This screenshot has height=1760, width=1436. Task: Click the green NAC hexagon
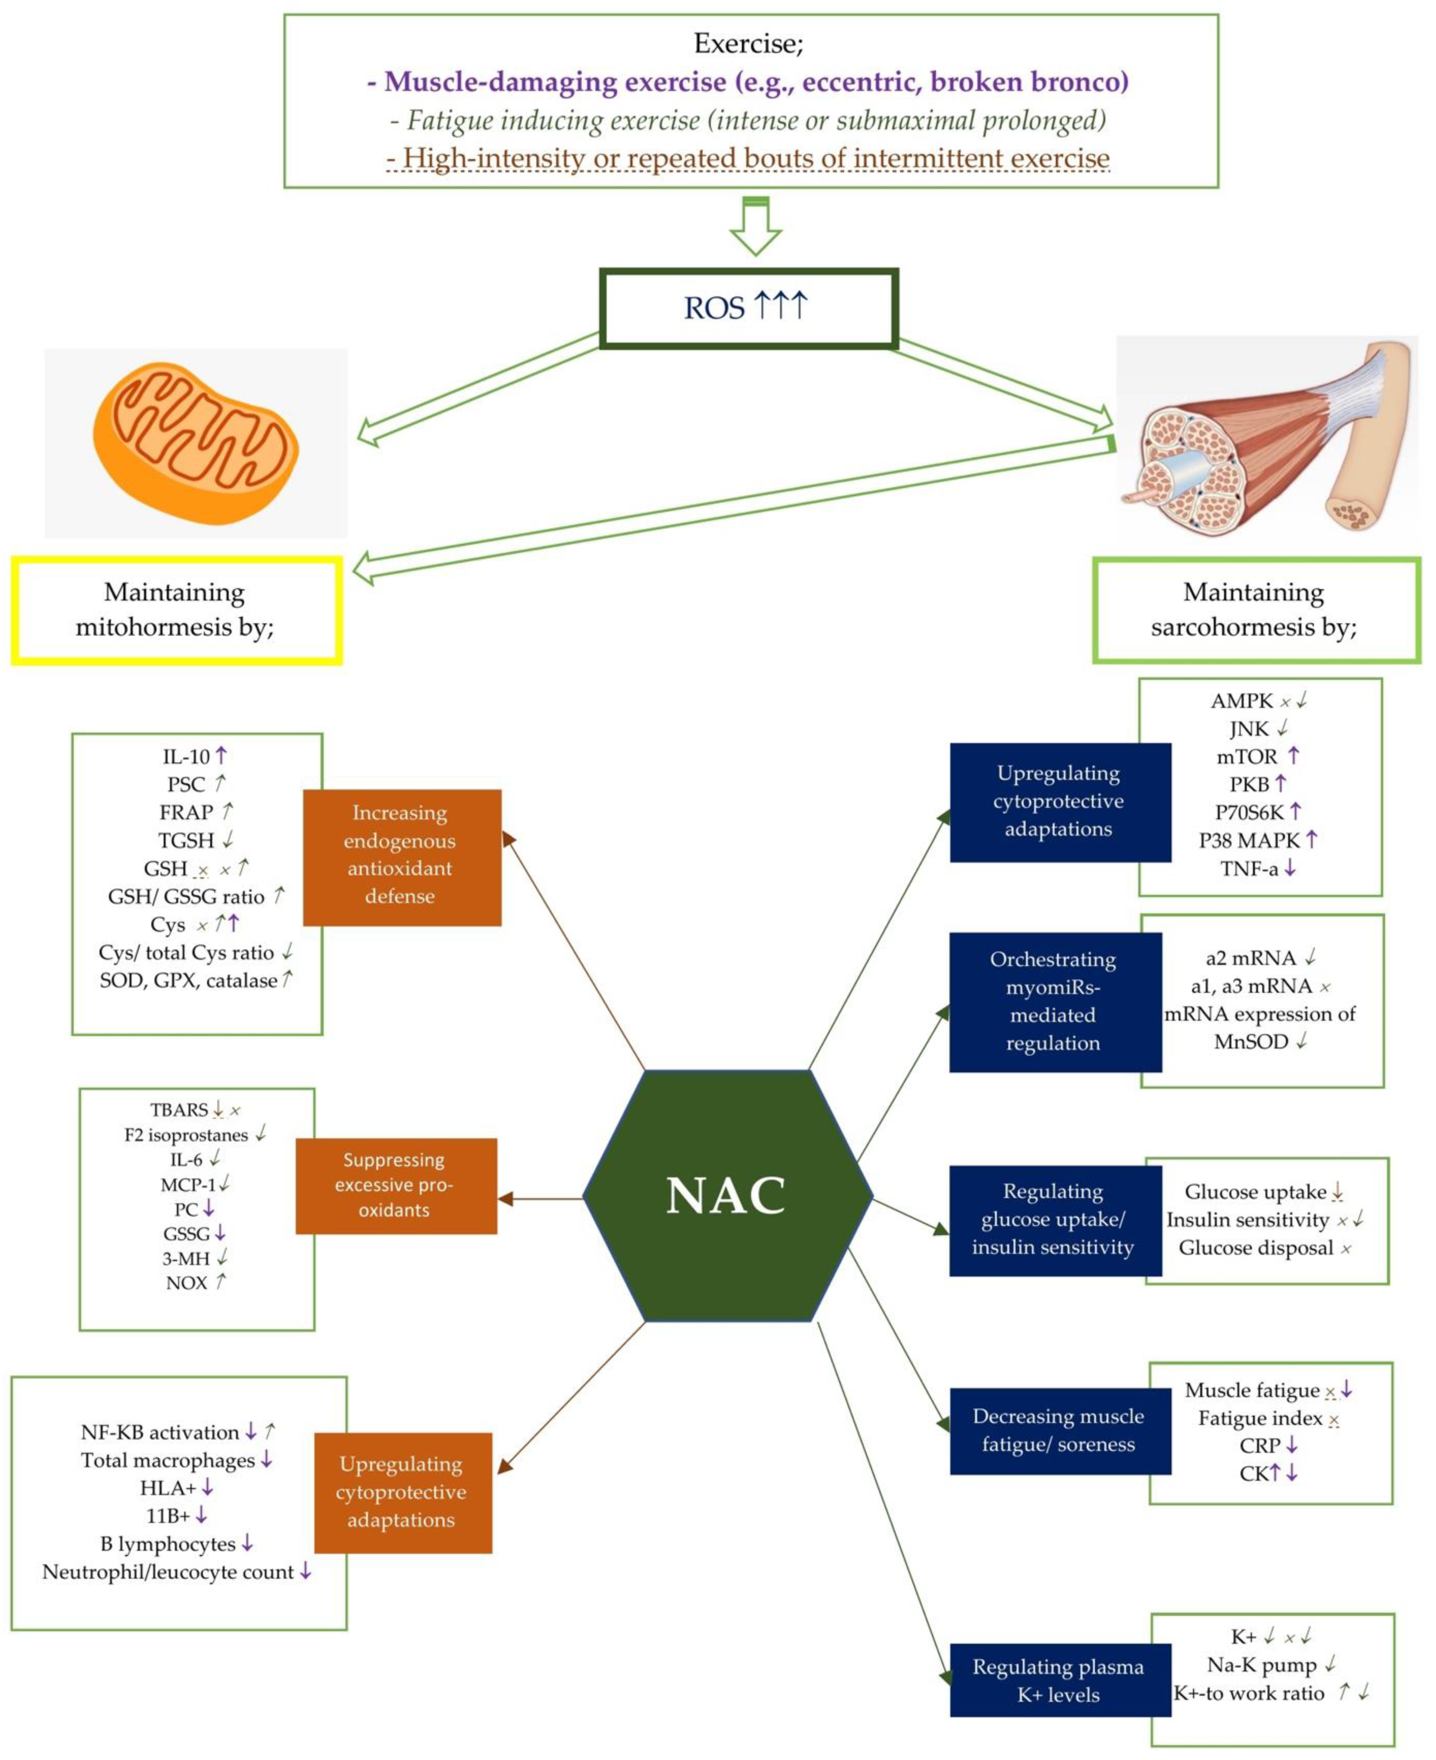tap(727, 1196)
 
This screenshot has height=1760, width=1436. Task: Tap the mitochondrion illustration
tap(196, 443)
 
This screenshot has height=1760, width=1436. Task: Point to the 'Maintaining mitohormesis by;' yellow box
tap(176, 610)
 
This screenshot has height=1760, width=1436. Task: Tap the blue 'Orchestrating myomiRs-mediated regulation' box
tap(1055, 1002)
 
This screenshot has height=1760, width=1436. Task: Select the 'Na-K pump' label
tap(1261, 1664)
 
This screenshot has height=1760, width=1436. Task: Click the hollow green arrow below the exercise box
tap(755, 228)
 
